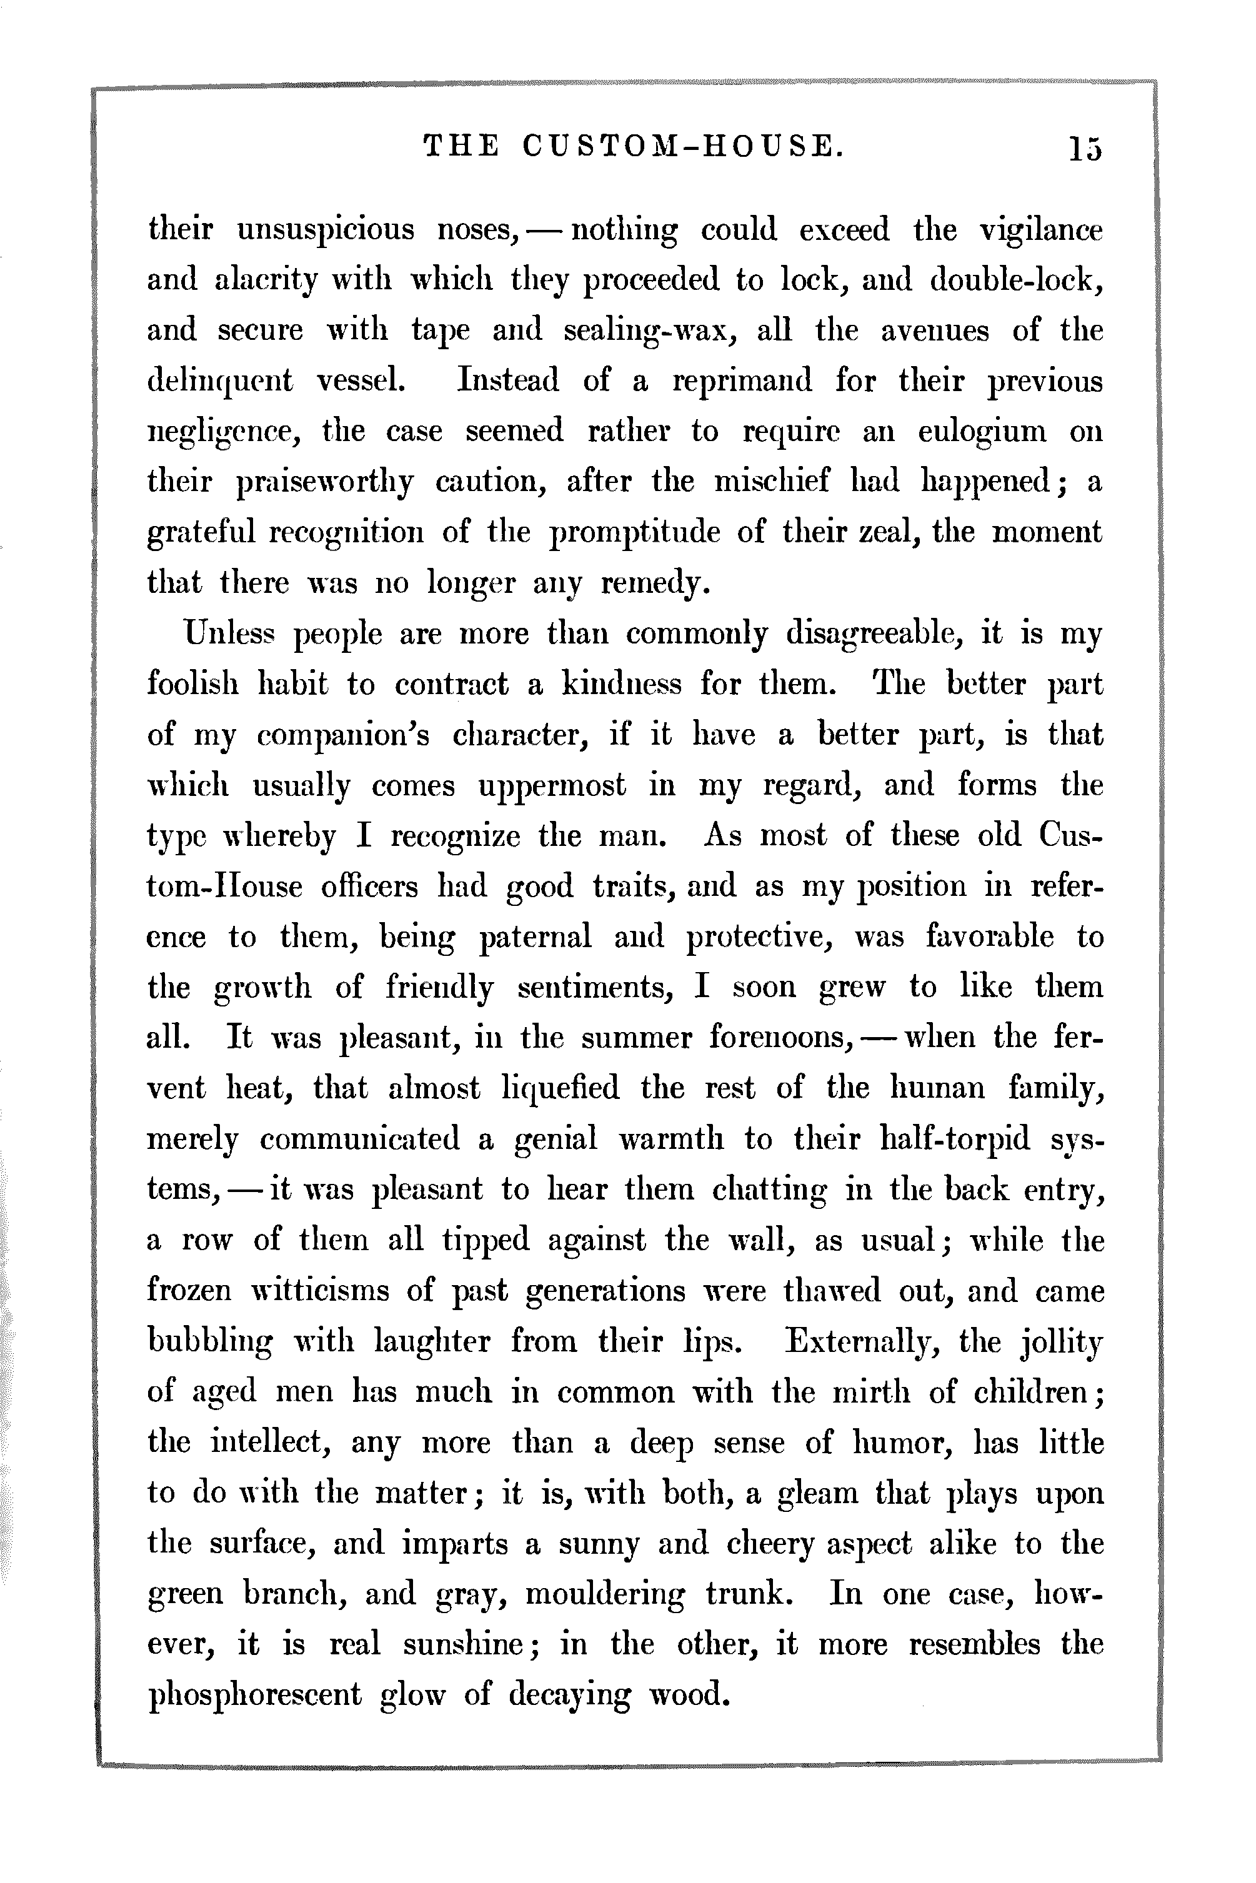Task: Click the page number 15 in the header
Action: [1085, 148]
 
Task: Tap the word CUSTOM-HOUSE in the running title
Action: [682, 147]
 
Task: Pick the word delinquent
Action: [221, 381]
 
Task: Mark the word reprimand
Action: [741, 381]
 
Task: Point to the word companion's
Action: [343, 735]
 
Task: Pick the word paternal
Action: [535, 937]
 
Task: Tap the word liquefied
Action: [560, 1088]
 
